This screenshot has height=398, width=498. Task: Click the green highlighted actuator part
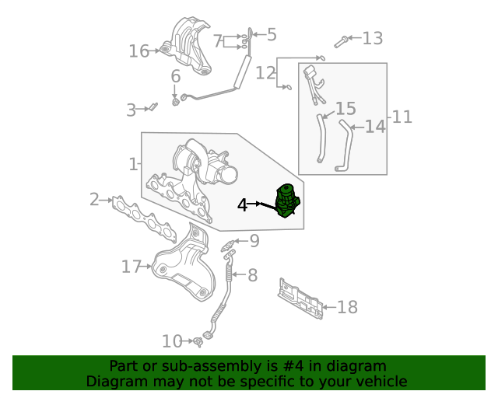[x=289, y=201]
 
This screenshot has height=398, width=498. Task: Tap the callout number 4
[x=243, y=204]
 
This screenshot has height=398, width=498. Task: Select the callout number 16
[x=139, y=51]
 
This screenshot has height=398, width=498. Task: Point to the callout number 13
[x=373, y=38]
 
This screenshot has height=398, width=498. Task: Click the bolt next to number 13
[x=342, y=40]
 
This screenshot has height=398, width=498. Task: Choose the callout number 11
[x=402, y=117]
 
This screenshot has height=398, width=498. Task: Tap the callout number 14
[x=375, y=126]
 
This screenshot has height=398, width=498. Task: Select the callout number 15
[x=345, y=109]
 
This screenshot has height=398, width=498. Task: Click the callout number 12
[x=265, y=73]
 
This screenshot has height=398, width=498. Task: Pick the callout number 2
[x=94, y=200]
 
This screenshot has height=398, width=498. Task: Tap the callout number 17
[x=130, y=267]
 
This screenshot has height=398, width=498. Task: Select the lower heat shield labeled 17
[x=183, y=268]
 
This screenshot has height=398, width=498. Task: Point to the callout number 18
[x=347, y=307]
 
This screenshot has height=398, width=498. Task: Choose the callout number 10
[x=172, y=340]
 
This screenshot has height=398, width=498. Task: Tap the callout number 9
[x=254, y=241]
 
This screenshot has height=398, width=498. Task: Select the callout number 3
[x=131, y=110]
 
